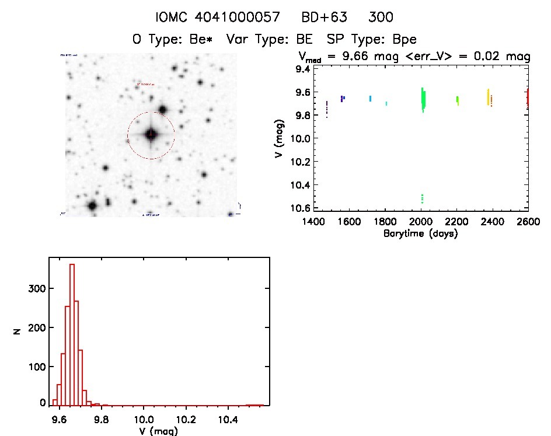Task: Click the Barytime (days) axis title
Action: click(x=420, y=233)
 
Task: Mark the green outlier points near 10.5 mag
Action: click(x=421, y=198)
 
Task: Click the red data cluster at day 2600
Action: click(x=528, y=97)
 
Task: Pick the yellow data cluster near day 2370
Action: click(x=488, y=97)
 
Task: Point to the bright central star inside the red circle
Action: click(x=151, y=135)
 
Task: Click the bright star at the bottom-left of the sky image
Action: click(x=92, y=205)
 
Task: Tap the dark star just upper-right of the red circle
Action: click(x=163, y=109)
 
